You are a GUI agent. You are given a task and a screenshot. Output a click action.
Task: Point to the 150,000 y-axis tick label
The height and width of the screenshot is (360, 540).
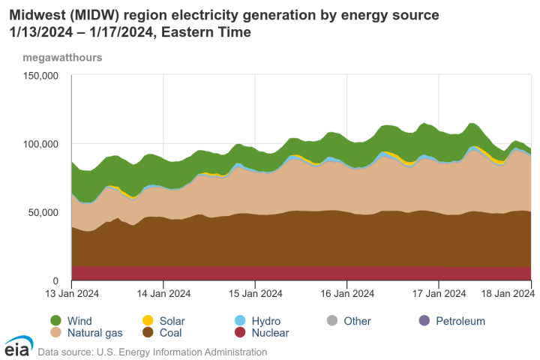41,76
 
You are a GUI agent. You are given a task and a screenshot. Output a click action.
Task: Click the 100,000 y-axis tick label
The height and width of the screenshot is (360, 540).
41,144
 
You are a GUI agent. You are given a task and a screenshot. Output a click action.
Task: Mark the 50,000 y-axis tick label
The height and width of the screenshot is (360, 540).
43,212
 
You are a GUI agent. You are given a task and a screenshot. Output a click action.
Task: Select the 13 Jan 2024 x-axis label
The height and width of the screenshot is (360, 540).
71,294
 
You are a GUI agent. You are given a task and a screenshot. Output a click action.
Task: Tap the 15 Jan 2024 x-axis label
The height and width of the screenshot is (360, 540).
255,294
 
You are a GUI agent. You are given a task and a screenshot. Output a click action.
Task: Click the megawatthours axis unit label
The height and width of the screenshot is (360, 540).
62,57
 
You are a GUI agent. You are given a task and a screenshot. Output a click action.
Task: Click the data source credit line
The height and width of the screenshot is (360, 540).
152,350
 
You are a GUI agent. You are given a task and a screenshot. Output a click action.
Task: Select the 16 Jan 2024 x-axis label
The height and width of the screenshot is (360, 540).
346,294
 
